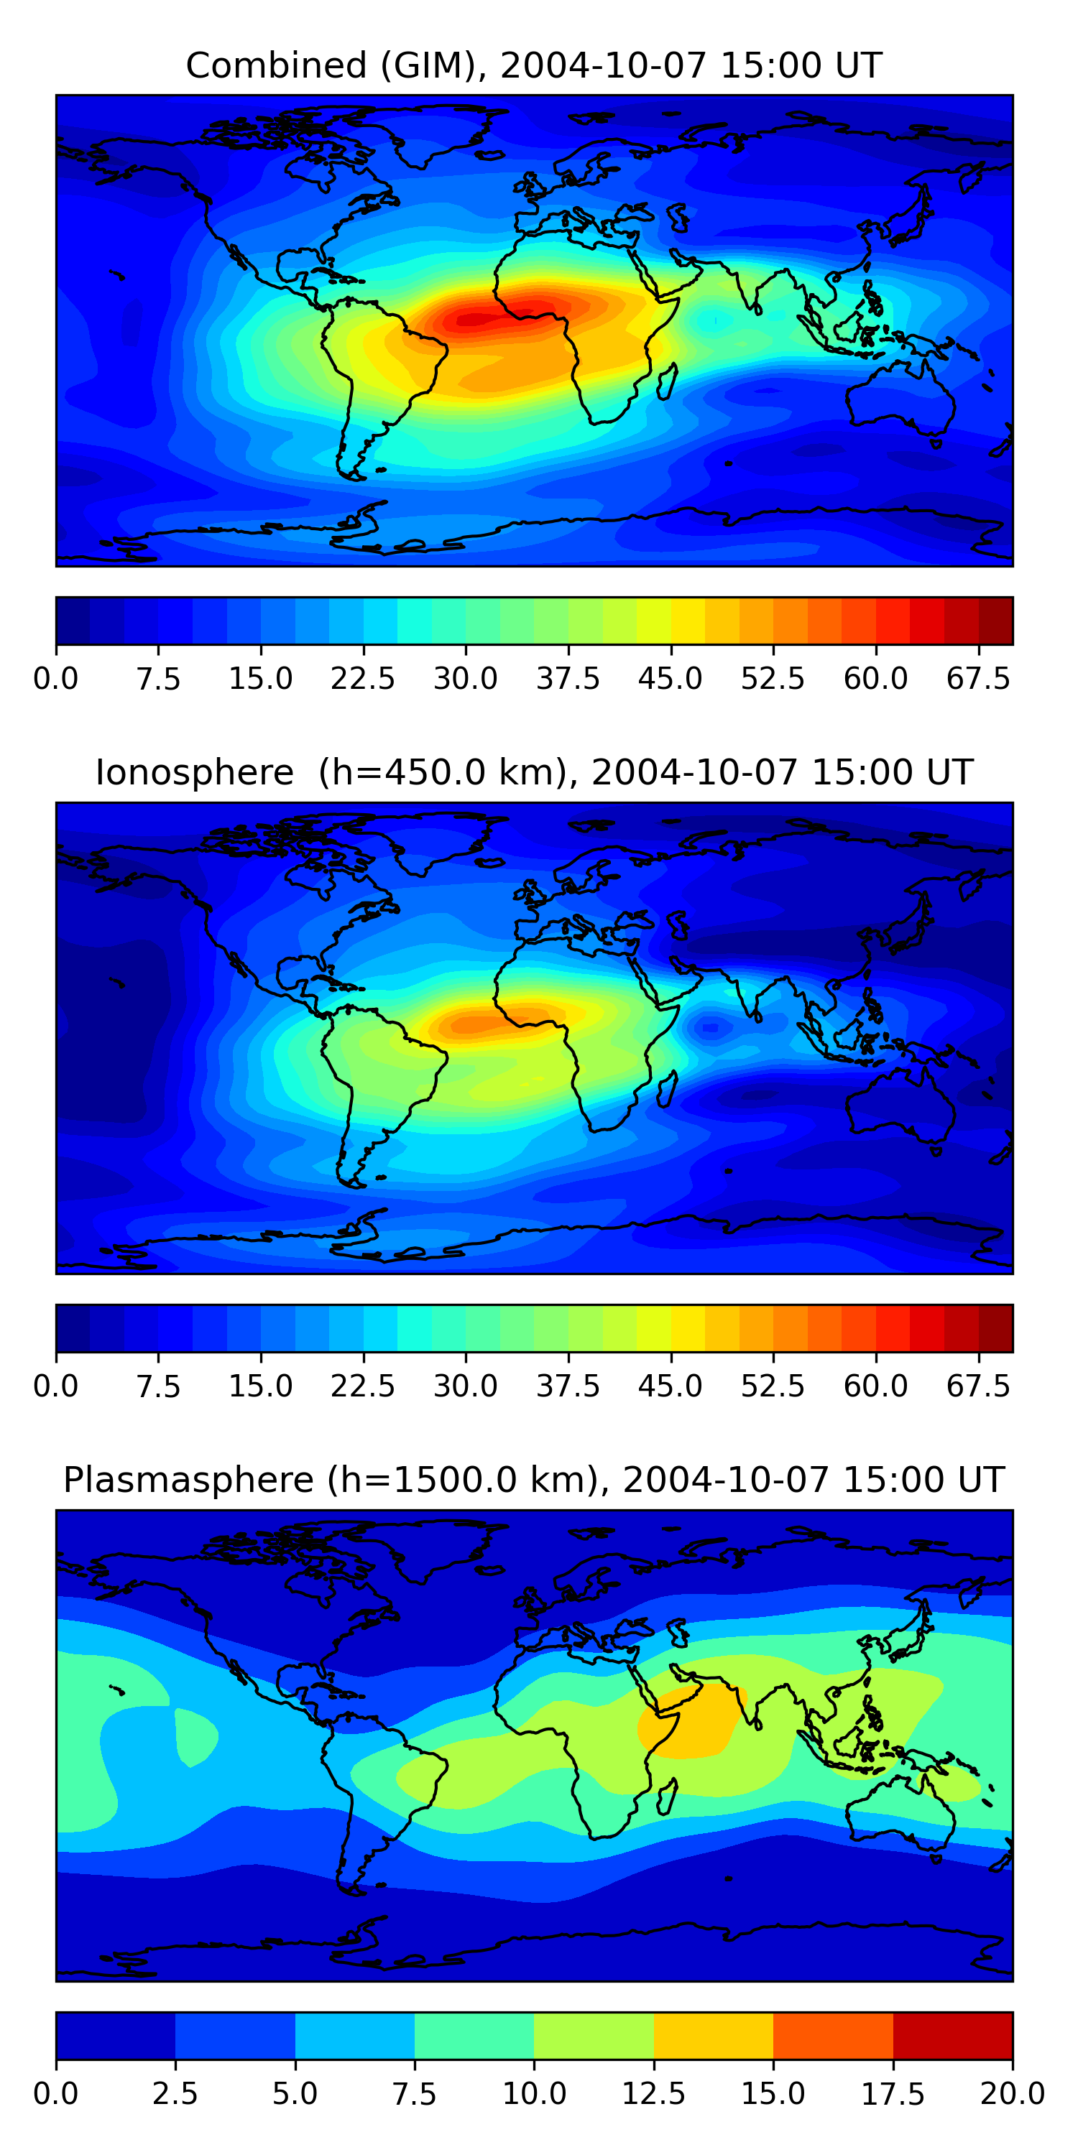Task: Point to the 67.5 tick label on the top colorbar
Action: (x=978, y=678)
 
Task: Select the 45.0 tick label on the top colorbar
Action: (x=671, y=678)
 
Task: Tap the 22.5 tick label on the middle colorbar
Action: (x=362, y=1386)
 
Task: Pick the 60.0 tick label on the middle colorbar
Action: (x=875, y=1386)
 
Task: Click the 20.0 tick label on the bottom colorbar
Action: (x=1013, y=2094)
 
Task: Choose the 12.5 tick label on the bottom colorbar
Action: (x=654, y=2094)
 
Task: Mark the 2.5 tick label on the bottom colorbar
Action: (x=175, y=2094)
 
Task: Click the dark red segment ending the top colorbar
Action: (x=996, y=621)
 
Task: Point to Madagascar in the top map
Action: (x=667, y=382)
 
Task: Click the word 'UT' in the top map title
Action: (x=859, y=65)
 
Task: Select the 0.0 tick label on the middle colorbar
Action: (x=56, y=1386)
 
